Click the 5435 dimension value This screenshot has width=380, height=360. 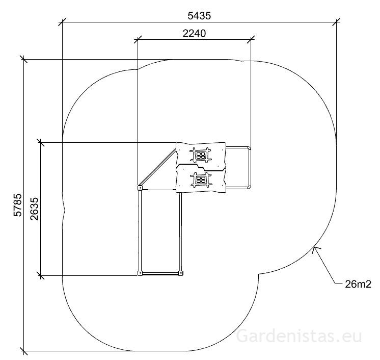tap(199, 16)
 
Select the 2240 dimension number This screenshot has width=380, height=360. tap(194, 33)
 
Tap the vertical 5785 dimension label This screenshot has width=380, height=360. tap(18, 205)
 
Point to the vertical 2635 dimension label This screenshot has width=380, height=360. tap(35, 209)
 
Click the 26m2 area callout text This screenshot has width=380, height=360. tap(358, 284)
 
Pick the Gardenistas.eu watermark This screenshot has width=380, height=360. tap(299, 336)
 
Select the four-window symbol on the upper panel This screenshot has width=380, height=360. tap(201, 155)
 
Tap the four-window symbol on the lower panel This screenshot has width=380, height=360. tap(201, 180)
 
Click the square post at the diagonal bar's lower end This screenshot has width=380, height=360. tap(140, 188)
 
